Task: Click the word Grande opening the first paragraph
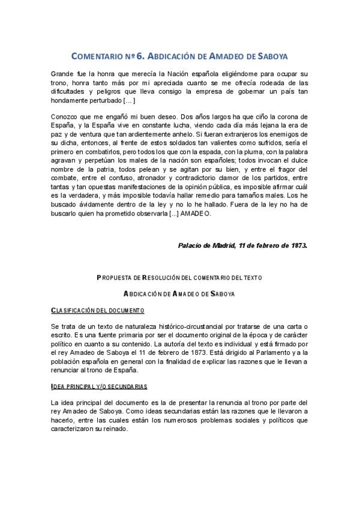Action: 64,73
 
